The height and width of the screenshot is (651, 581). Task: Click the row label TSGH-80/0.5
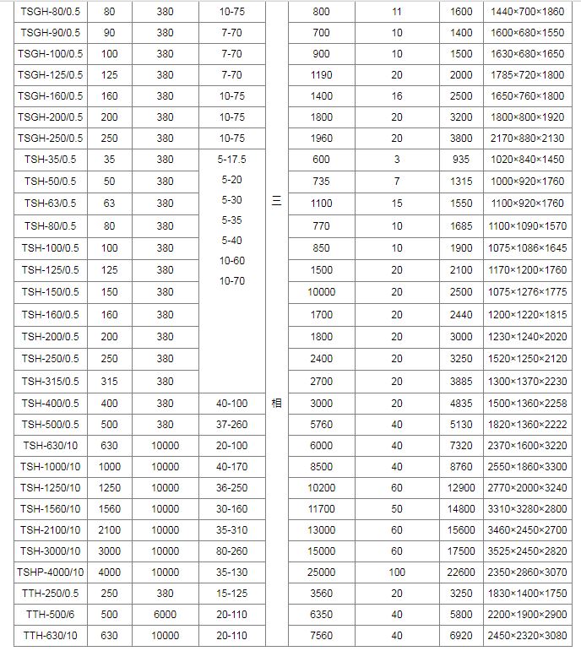pos(51,12)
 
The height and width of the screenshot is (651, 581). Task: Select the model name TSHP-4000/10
pos(51,572)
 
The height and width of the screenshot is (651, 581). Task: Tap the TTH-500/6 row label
pos(51,614)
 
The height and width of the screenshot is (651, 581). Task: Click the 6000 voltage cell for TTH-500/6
pos(165,614)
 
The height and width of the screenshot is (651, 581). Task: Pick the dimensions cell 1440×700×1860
pos(527,12)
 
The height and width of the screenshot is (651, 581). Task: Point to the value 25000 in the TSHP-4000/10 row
pos(322,572)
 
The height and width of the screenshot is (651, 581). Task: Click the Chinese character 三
pos(276,201)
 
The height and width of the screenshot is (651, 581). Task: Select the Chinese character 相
pos(276,404)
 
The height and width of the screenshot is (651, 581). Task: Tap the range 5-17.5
pos(232,159)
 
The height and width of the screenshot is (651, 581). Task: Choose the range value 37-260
pos(232,424)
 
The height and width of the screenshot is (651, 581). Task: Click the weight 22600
pos(461,572)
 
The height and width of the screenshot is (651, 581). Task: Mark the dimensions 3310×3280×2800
pos(527,509)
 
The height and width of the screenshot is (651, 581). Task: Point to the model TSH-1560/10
pos(51,509)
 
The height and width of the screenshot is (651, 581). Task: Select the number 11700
pos(322,509)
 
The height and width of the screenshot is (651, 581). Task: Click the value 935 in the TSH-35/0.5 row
pos(461,159)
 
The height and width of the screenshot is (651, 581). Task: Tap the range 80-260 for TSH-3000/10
pos(232,551)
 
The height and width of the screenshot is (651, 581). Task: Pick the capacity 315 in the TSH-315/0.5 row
pos(110,382)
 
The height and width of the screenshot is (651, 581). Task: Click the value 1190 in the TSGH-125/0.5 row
pos(322,75)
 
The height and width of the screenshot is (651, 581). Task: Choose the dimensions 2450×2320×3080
pos(527,635)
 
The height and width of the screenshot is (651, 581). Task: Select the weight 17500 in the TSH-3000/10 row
pos(461,551)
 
